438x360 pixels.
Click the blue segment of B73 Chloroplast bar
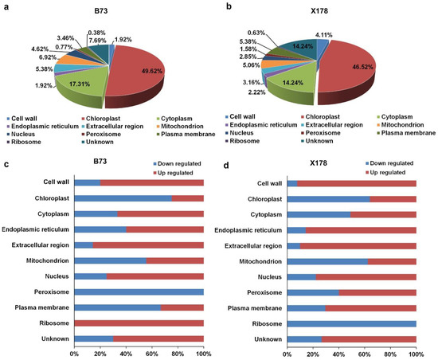click(x=123, y=198)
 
